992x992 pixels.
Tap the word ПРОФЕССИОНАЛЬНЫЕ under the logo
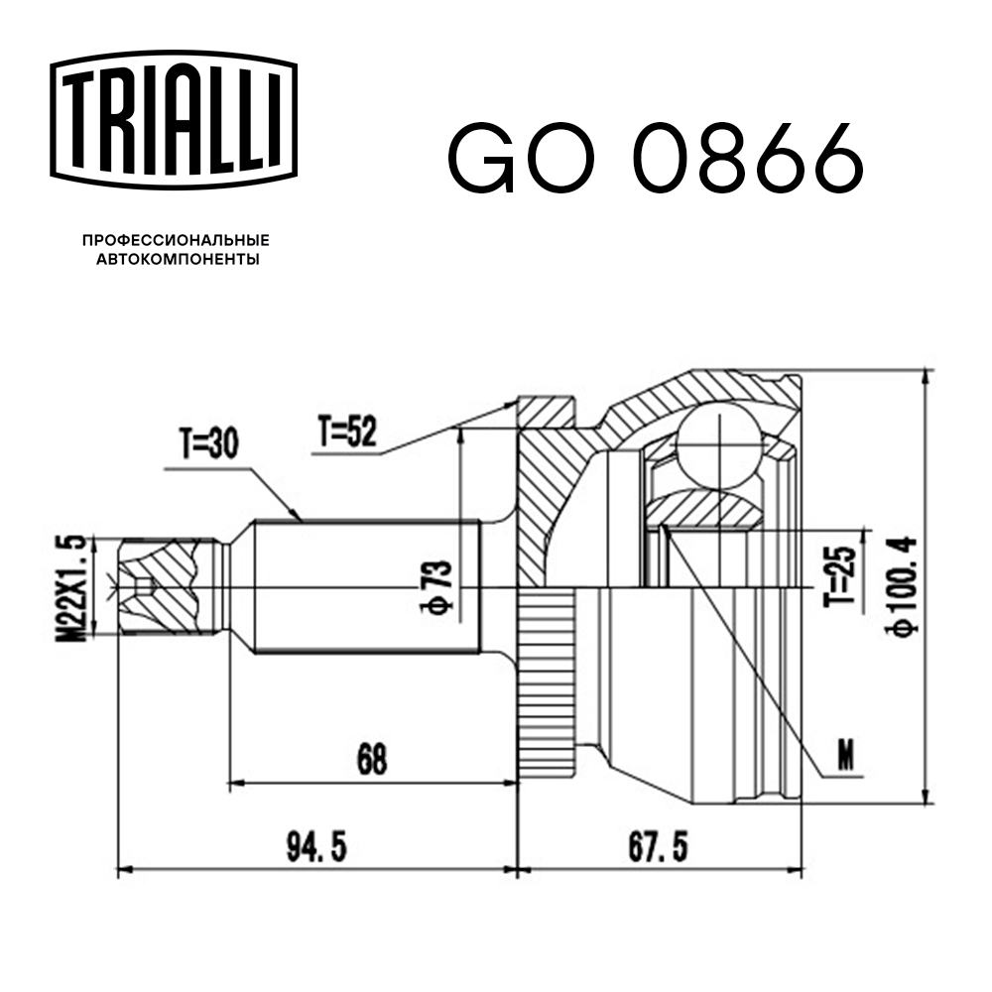point(176,241)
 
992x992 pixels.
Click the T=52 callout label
point(347,432)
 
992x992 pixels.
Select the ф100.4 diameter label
point(905,584)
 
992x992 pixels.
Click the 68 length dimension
point(372,759)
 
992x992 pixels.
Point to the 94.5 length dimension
point(317,849)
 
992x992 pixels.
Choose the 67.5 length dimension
point(659,849)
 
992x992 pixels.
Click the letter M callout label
point(845,756)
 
